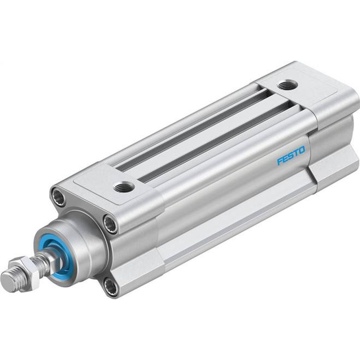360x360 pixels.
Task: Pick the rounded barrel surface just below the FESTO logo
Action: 252,180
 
